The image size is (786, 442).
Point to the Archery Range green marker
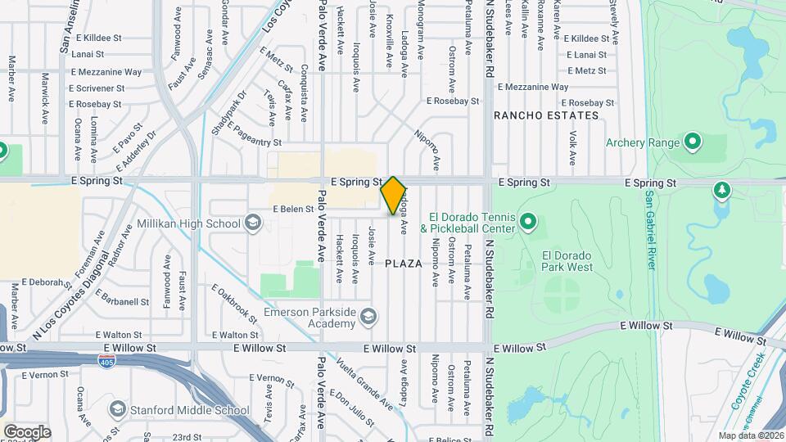pyautogui.click(x=693, y=143)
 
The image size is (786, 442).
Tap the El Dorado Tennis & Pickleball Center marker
pyautogui.click(x=528, y=222)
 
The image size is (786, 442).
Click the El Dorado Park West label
pyautogui.click(x=567, y=261)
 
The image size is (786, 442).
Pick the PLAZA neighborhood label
pyautogui.click(x=404, y=264)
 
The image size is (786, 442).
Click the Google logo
pyautogui.click(x=27, y=431)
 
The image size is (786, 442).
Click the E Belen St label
pyautogui.click(x=293, y=209)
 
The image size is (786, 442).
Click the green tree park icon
pyautogui.click(x=722, y=192)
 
